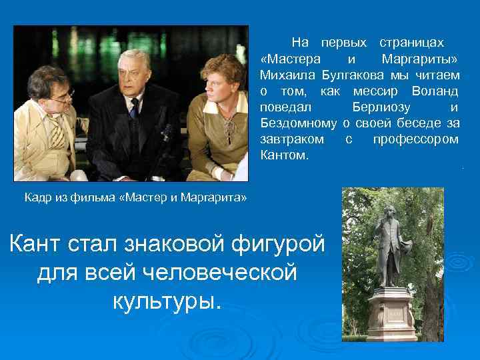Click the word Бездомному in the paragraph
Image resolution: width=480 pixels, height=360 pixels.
tap(299, 123)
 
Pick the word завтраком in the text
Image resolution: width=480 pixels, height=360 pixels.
tap(292, 139)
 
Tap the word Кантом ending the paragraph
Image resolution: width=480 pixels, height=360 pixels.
tap(285, 156)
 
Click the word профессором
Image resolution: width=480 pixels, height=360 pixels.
tap(416, 139)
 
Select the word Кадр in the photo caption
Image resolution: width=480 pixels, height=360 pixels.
tap(37, 198)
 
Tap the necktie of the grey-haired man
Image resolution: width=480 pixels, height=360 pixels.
tap(134, 107)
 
